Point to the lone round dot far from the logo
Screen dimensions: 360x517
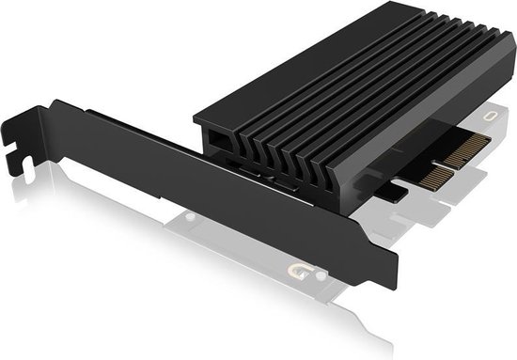pyautogui.click(x=192, y=217)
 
